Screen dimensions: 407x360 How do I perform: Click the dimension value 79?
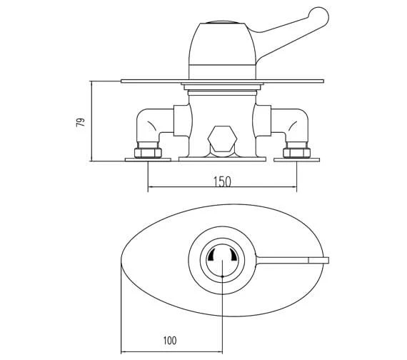click(x=81, y=122)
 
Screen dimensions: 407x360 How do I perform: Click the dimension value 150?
click(x=223, y=182)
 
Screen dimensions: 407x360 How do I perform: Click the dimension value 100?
click(x=170, y=340)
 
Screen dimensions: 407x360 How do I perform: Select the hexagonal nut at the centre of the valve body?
click(x=223, y=139)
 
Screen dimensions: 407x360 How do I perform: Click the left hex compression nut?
click(x=148, y=153)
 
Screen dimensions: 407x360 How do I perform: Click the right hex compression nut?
click(x=297, y=153)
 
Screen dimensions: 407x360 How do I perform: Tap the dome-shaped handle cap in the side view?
click(x=223, y=44)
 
